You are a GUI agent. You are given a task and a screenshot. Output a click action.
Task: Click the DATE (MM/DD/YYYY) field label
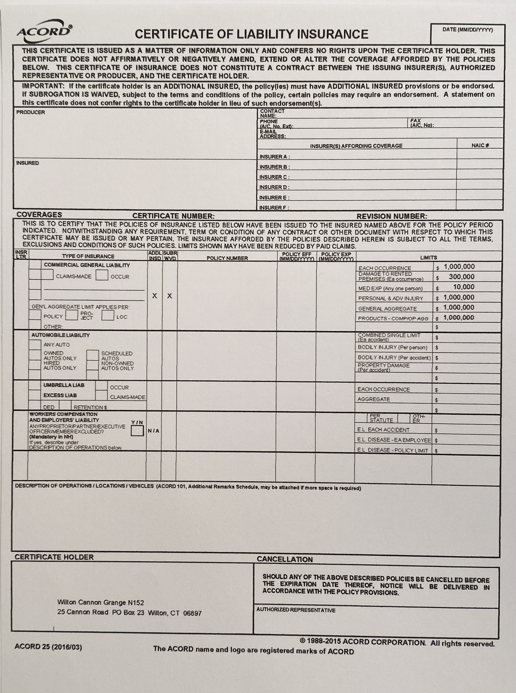tap(467, 30)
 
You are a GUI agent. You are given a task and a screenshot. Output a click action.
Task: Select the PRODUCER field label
tap(31, 113)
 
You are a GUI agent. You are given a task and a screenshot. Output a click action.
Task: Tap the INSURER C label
tap(274, 177)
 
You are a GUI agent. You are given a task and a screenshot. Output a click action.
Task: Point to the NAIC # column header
tap(480, 145)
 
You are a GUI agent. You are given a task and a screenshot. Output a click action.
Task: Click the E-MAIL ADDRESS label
tap(272, 134)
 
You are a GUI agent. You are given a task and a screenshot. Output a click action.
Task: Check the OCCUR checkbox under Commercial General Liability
tap(102, 275)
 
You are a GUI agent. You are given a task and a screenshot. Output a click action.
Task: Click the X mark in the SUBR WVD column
tap(170, 296)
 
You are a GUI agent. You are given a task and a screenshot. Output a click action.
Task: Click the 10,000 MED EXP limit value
tap(464, 287)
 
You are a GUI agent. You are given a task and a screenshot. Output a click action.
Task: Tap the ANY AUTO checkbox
tap(35, 345)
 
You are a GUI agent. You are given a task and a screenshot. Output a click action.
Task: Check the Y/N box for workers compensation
tap(137, 431)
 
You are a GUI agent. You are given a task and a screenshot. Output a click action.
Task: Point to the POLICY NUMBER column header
tap(227, 258)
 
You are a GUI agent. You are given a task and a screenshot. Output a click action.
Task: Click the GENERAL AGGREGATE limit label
tap(387, 309)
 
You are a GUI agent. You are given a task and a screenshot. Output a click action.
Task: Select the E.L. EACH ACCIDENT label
tap(383, 430)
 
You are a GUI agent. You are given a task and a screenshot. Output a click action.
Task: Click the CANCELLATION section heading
tap(284, 559)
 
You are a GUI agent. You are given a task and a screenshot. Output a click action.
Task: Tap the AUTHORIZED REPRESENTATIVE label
tap(296, 610)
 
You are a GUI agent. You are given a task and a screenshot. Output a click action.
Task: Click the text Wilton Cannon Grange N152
tap(101, 603)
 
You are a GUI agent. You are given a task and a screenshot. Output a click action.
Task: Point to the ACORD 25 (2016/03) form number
tap(48, 647)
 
